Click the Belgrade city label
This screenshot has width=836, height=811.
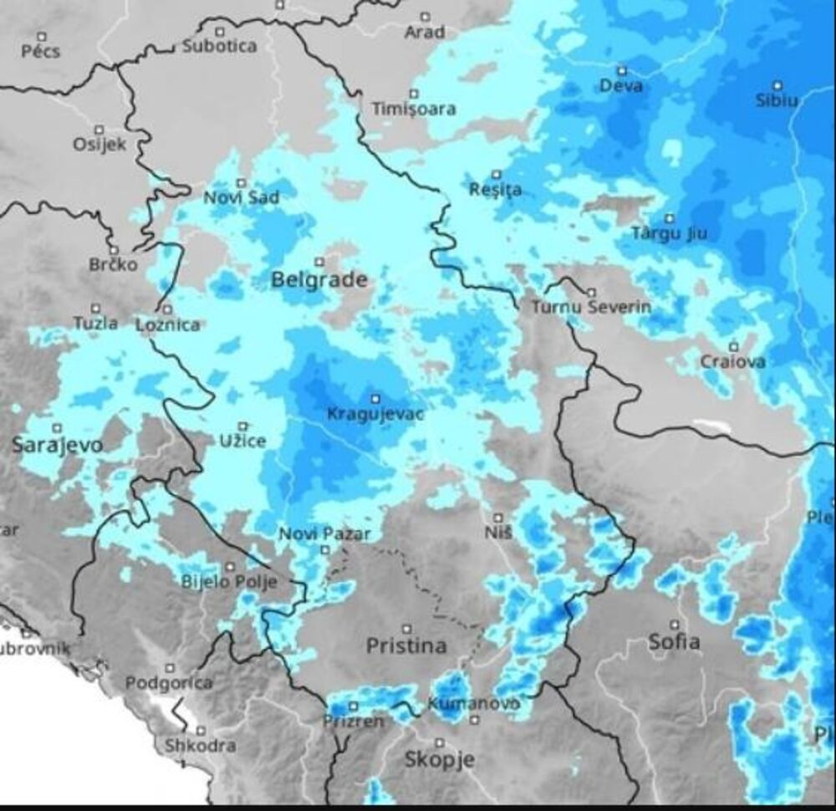(x=319, y=280)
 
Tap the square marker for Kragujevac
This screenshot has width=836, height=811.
(x=375, y=399)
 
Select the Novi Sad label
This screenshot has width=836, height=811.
(x=242, y=197)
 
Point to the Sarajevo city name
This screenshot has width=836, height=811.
(x=57, y=445)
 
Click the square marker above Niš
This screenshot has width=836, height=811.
(x=497, y=517)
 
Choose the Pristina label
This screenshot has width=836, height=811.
(x=406, y=645)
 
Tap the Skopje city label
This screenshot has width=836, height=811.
(x=439, y=759)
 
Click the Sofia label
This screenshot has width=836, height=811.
(x=675, y=642)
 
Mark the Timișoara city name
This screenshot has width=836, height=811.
(x=414, y=109)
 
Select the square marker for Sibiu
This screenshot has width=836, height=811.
(x=777, y=85)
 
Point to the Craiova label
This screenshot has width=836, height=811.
(x=733, y=362)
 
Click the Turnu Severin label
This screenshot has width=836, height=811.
(x=591, y=307)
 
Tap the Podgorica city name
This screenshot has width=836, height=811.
(x=169, y=683)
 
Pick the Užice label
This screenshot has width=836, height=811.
(x=242, y=440)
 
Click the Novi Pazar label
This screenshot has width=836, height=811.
(x=324, y=534)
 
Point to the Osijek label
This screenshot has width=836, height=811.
(x=99, y=144)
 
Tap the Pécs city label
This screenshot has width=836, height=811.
(x=42, y=52)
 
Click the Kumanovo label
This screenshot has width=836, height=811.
(x=472, y=704)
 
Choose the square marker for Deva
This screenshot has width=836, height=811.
(x=621, y=71)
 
